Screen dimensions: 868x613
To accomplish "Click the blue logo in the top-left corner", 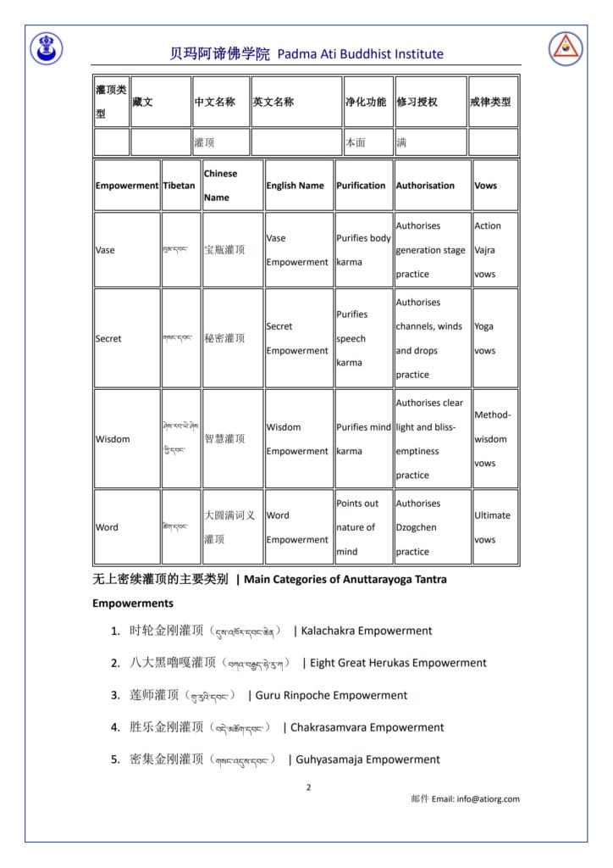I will point(46,48).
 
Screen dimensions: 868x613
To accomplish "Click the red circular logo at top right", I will point(566,48).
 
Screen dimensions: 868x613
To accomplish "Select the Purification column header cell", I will point(361,186).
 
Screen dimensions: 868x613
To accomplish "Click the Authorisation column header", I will point(425,186).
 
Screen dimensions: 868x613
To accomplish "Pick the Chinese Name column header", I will point(221,186).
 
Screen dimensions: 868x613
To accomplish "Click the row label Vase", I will point(106,250).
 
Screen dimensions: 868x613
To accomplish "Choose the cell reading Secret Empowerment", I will point(297,338).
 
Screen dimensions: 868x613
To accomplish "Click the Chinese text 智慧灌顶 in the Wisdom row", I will point(224,439).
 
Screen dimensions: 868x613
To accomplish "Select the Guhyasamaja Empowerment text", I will point(367,759).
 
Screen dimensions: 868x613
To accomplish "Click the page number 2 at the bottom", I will point(308,787).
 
